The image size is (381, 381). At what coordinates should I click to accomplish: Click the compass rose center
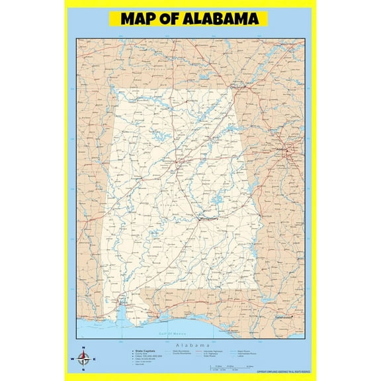click(83, 360)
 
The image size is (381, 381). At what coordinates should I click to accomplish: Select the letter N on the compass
click(83, 349)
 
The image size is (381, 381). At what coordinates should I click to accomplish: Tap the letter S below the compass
click(83, 371)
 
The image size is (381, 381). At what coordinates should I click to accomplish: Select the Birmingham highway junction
click(177, 159)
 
